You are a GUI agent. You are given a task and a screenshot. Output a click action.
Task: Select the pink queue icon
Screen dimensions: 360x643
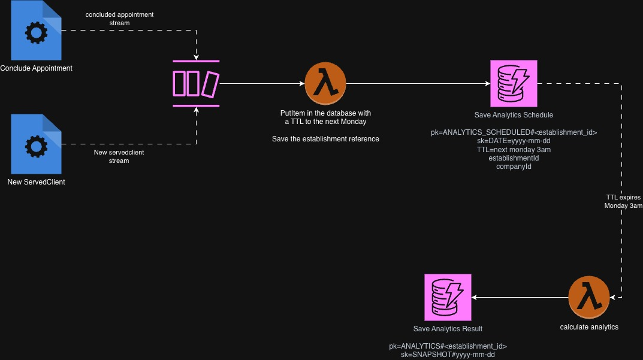(196, 83)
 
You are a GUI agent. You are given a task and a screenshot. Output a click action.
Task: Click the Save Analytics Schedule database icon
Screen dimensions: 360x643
(513, 83)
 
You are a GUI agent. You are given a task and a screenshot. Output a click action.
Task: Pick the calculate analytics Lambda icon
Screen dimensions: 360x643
(589, 297)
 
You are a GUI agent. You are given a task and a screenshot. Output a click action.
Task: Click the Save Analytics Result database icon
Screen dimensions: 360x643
(448, 297)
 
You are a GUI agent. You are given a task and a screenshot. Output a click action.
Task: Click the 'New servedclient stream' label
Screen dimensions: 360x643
(119, 156)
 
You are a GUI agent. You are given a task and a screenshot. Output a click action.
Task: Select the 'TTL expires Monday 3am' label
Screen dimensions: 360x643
(623, 201)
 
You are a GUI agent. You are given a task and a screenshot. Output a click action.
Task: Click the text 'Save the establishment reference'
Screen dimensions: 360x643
(325, 139)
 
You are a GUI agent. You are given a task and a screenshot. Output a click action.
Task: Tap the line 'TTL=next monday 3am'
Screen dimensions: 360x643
(514, 150)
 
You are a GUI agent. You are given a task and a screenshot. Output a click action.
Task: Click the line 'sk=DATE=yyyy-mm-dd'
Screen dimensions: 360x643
(514, 141)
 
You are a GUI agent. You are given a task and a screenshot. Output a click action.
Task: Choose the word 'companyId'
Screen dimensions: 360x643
(514, 167)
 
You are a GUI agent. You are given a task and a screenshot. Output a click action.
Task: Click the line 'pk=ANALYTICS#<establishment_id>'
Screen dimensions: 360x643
(448, 346)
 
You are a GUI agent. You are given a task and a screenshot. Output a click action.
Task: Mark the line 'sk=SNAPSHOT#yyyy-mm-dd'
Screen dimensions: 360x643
(448, 355)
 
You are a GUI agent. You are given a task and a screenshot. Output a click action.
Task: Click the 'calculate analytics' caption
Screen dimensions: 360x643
(589, 327)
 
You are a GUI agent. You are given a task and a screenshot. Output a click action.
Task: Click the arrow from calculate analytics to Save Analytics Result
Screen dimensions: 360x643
(520, 297)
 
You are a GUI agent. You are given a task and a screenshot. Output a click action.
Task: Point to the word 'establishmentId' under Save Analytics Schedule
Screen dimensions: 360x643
(514, 158)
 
